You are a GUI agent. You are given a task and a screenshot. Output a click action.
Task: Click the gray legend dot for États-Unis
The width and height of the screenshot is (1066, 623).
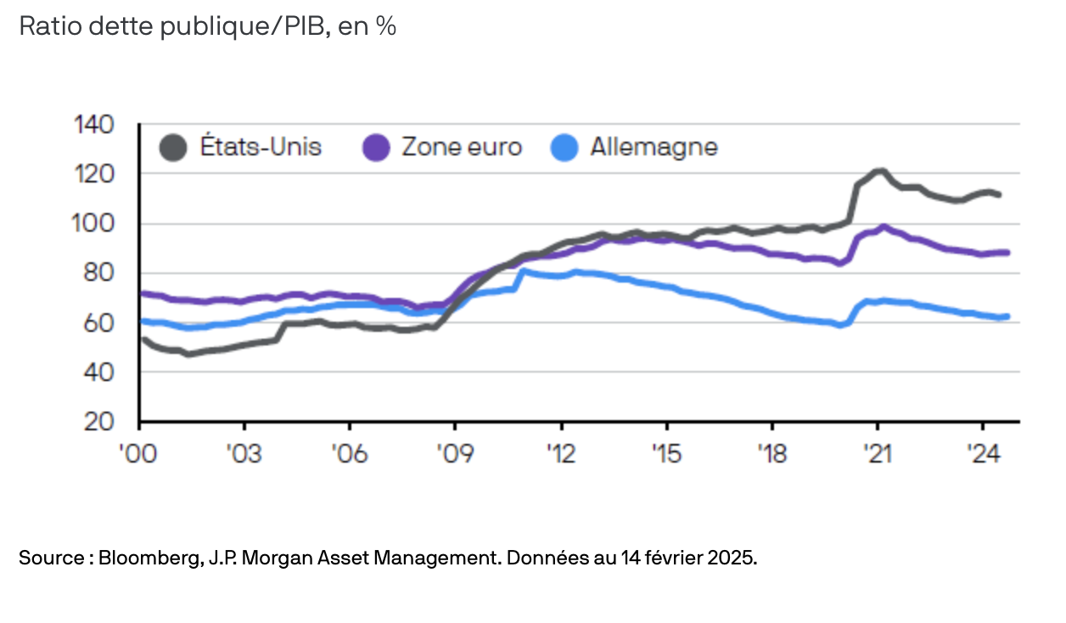pos(173,148)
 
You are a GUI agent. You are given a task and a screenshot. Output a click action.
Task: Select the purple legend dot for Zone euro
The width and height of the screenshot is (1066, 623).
pos(375,148)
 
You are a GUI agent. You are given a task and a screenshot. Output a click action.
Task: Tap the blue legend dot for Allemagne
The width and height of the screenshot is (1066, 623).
pos(564,148)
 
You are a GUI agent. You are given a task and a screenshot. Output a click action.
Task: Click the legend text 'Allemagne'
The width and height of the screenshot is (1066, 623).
pos(654,148)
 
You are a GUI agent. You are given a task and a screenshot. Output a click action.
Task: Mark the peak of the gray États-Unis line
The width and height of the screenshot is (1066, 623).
pos(879,171)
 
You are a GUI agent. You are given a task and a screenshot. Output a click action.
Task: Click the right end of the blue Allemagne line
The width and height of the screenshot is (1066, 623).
pos(1007,317)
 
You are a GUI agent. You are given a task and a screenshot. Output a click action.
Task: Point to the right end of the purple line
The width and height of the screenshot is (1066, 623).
pos(1007,252)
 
